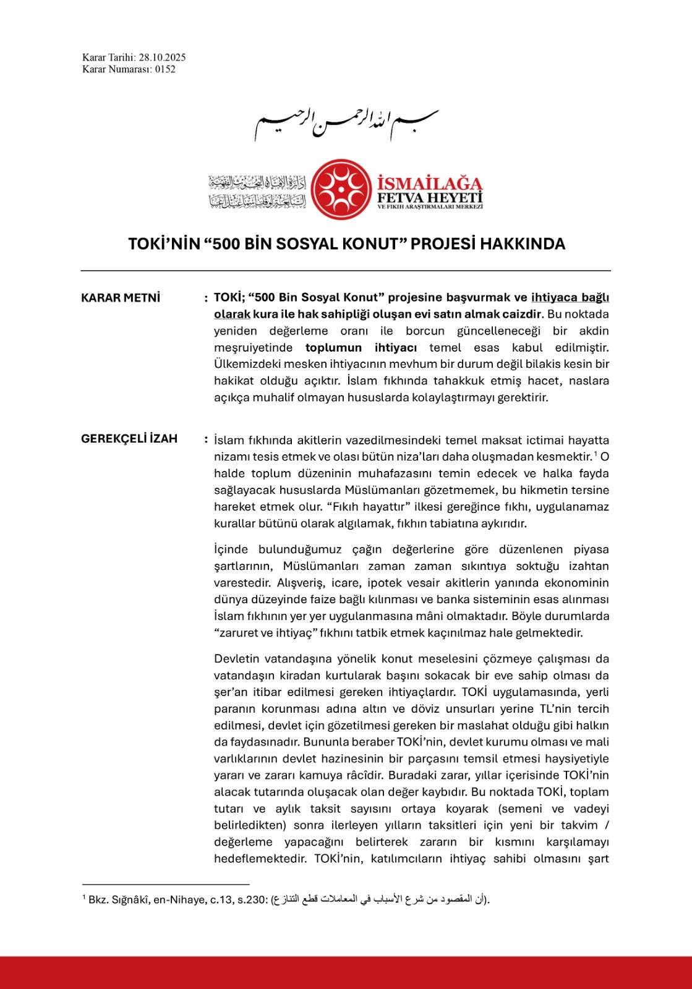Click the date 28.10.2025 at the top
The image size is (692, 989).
(x=162, y=57)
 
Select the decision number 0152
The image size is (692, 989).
(x=165, y=69)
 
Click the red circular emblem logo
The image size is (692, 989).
(x=341, y=189)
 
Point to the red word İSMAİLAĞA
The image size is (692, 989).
(x=430, y=183)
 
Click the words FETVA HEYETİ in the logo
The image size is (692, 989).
(x=430, y=197)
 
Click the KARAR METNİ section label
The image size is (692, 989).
(x=121, y=298)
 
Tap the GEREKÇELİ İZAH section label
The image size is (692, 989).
(x=129, y=439)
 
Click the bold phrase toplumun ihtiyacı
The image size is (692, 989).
(x=361, y=347)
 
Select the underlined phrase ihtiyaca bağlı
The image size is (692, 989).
(x=570, y=297)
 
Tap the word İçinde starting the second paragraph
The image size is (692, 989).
(x=231, y=549)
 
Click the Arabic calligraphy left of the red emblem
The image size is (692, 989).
(x=257, y=192)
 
